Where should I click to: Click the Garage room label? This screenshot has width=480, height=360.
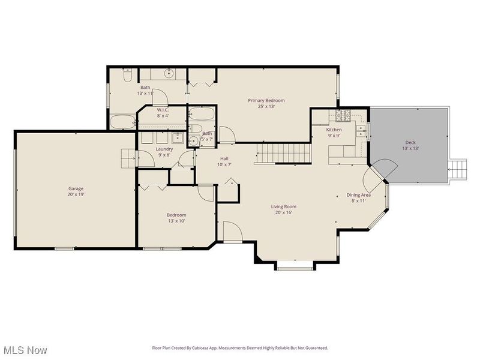tap(76, 188)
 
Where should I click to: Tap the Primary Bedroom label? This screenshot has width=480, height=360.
tap(266, 100)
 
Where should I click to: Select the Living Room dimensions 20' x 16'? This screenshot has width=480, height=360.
tap(284, 212)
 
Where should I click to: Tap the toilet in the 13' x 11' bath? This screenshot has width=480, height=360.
tap(128, 76)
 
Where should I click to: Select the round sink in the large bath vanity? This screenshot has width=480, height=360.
tap(169, 74)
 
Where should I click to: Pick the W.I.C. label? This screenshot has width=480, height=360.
tap(163, 110)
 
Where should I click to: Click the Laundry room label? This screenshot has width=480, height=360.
tap(164, 149)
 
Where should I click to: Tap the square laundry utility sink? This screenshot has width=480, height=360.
tap(146, 137)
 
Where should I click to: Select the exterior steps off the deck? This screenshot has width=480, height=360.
tap(458, 169)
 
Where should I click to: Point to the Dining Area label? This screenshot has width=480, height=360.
tap(359, 194)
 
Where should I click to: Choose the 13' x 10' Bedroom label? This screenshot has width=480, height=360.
tap(176, 215)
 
